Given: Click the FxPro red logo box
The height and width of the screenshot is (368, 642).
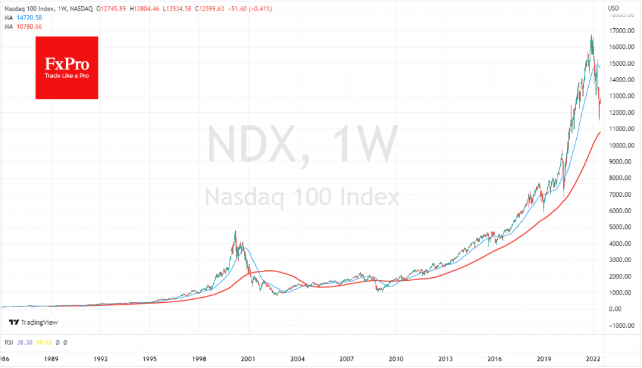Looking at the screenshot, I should [66, 68].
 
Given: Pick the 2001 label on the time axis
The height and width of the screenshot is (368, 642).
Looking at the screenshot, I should [248, 360].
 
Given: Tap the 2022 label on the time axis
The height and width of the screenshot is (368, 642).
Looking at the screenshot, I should [593, 360].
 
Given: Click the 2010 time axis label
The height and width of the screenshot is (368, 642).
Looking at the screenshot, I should [396, 360].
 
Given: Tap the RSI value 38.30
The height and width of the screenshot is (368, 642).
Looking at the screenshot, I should [23, 342].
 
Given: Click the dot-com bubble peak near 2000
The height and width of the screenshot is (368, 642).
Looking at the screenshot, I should [235, 231].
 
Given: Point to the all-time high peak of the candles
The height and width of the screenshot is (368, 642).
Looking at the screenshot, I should [591, 36].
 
